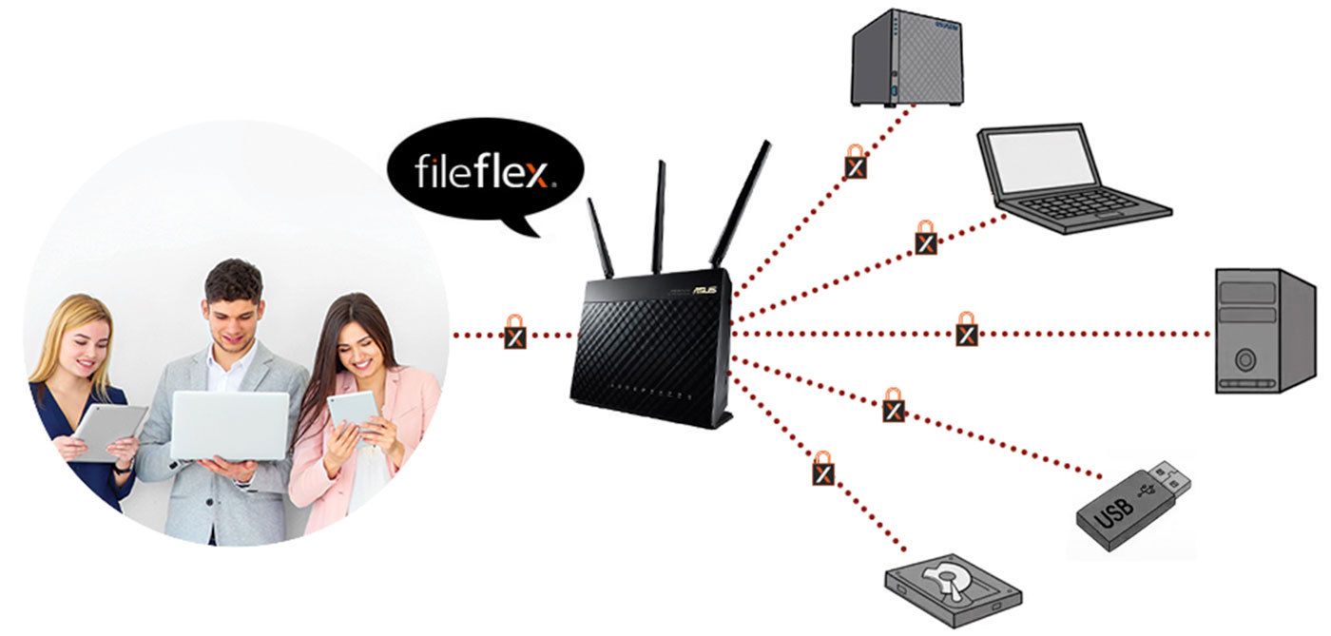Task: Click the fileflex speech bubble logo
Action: [485, 172]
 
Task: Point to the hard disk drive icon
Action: [954, 590]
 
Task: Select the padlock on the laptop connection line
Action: [925, 239]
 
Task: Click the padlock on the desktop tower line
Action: [967, 331]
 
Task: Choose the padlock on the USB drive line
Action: [893, 407]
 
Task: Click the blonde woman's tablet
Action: [107, 433]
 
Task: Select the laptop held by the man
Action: [230, 426]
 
